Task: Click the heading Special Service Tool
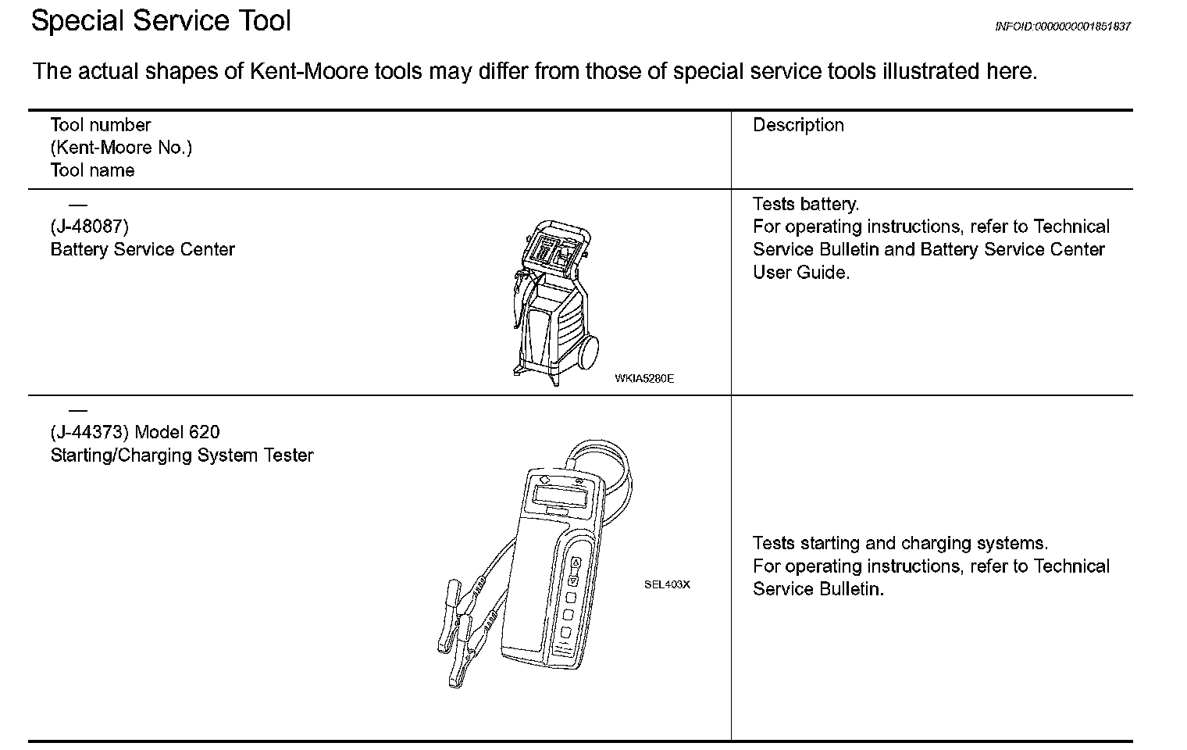[161, 20]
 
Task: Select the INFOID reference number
[1062, 27]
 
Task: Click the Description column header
[798, 125]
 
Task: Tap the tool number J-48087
[90, 227]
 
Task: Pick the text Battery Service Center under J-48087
[142, 250]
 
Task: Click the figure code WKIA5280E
[644, 379]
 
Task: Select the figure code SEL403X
[667, 584]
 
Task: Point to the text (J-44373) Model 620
[135, 432]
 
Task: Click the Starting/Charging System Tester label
[182, 455]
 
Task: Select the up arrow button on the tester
[576, 562]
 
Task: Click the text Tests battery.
[806, 205]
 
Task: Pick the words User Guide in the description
[801, 273]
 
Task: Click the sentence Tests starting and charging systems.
[900, 544]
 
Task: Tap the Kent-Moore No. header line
[121, 148]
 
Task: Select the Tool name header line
[92, 170]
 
